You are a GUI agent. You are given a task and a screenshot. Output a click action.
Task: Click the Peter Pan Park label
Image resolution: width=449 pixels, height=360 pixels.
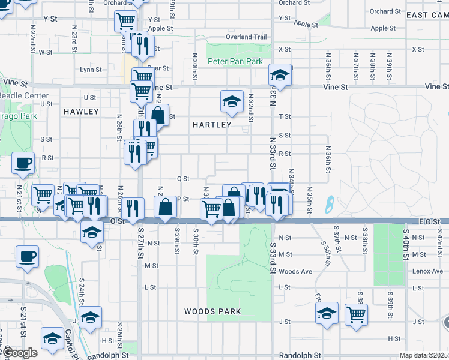point(235,62)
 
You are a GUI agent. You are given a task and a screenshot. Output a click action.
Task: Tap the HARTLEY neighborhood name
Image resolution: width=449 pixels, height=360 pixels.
point(212,125)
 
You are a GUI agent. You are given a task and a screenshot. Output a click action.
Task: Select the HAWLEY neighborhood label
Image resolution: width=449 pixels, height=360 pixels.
point(80,112)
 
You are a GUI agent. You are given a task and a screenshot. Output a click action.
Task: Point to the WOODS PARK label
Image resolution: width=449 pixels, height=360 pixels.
point(212,311)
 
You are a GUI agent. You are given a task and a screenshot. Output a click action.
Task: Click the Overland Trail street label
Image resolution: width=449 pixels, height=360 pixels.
point(246,37)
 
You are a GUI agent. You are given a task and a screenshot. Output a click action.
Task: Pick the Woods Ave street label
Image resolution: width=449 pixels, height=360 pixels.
point(295,272)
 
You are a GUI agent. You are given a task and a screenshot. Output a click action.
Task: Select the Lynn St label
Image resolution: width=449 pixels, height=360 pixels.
point(91,70)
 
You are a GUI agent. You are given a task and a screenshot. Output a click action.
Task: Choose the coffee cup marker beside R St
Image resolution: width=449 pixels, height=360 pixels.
point(23,163)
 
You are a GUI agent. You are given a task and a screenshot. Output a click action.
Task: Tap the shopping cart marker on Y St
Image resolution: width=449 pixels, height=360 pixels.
point(126,22)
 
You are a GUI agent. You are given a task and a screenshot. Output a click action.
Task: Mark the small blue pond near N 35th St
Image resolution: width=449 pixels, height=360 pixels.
point(329,205)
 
